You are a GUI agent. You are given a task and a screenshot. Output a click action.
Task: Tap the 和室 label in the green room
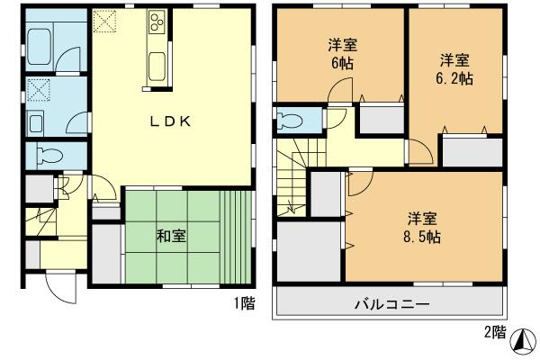171,236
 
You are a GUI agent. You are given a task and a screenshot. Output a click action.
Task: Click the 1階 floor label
244,304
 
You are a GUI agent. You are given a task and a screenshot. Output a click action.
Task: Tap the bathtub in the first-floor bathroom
42,43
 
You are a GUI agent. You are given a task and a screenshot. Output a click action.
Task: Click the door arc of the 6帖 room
337,92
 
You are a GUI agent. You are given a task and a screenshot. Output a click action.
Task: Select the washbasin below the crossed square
38,122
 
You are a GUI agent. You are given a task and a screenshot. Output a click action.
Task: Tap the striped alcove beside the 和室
237,236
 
